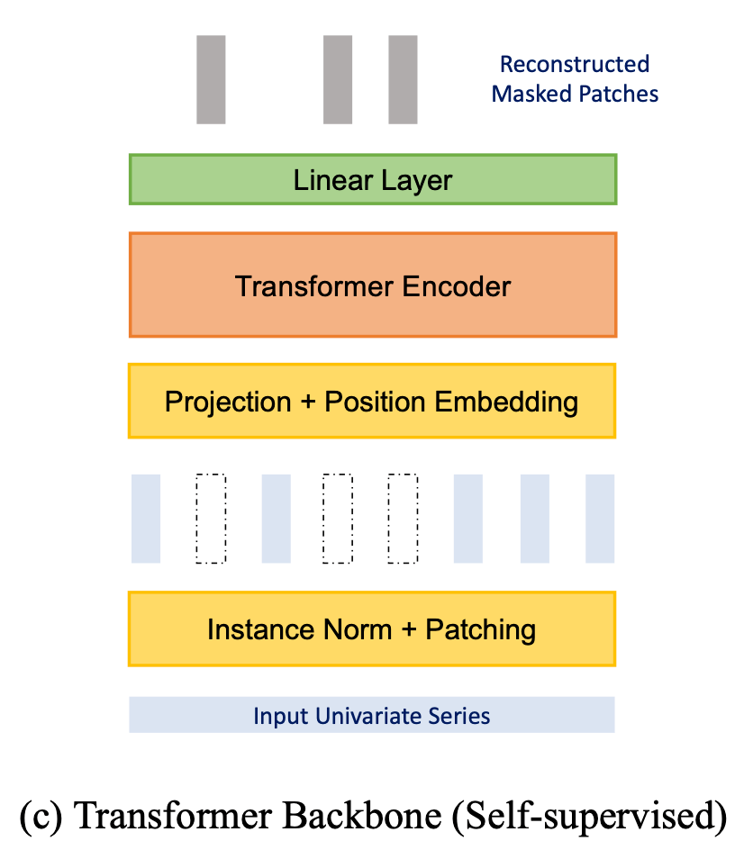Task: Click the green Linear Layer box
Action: coord(372,179)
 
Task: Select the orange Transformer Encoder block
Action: coord(372,285)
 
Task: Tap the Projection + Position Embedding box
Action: coord(372,401)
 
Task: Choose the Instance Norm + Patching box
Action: coord(372,628)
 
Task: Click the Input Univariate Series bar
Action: coord(372,716)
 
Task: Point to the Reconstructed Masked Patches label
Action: coord(575,79)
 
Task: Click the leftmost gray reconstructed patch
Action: coord(211,79)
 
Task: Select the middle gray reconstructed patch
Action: coord(338,79)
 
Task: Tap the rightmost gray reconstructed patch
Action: coord(403,79)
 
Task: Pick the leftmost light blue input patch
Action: coord(146,518)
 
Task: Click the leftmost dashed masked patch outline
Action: coord(211,518)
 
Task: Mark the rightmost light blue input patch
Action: coord(600,518)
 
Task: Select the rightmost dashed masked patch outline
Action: coord(403,518)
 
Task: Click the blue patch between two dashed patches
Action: coord(276,518)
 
